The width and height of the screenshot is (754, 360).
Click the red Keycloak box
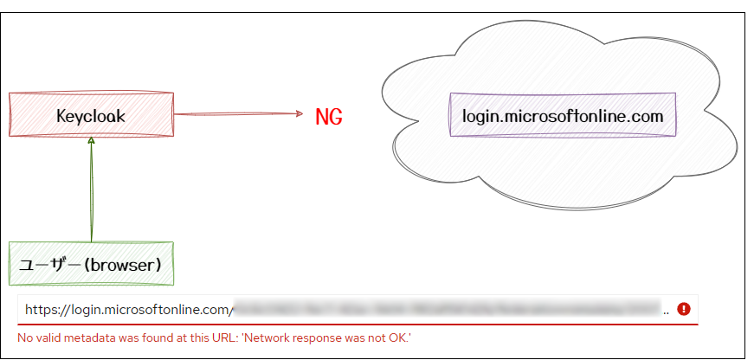91,114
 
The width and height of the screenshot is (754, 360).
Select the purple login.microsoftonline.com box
563,115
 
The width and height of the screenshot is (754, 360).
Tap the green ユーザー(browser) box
91,264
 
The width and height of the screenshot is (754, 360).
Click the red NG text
329,117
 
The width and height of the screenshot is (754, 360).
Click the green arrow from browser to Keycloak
91,190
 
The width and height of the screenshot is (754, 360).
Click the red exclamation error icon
684,309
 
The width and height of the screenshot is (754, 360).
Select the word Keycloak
91,115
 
